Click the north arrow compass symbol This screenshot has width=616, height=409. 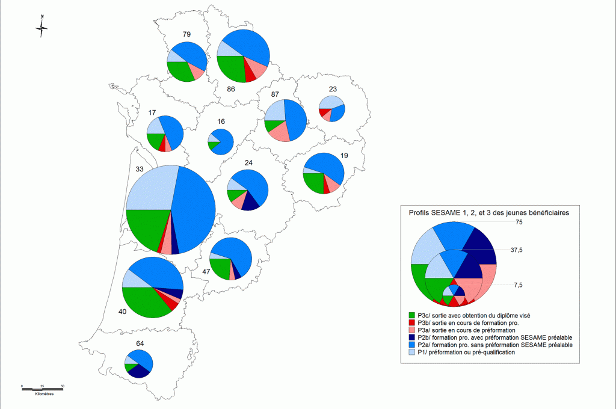(42, 26)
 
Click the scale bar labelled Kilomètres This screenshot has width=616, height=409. (43, 386)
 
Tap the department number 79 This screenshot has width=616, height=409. (186, 34)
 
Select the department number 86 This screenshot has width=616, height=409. (230, 89)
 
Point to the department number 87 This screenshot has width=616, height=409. (275, 94)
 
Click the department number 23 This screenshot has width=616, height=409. (333, 89)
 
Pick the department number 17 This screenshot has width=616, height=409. (153, 112)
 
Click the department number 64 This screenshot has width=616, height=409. (140, 343)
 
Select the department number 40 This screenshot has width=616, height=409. (122, 312)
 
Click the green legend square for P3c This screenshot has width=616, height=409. (412, 315)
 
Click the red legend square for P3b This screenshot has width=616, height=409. (412, 323)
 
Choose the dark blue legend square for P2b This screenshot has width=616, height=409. (412, 337)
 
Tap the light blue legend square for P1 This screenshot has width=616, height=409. (412, 352)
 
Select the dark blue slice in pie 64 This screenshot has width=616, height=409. (139, 371)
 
